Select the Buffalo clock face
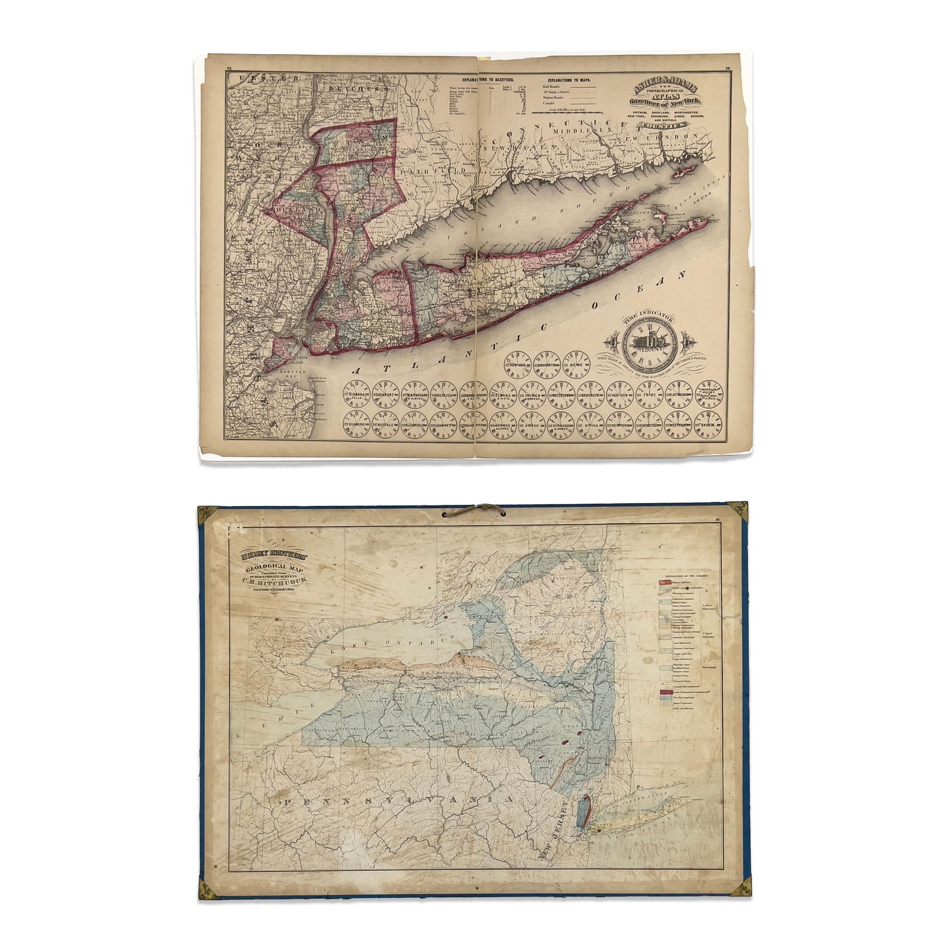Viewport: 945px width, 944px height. (386, 424)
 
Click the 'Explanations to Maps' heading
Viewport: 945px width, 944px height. (567, 79)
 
